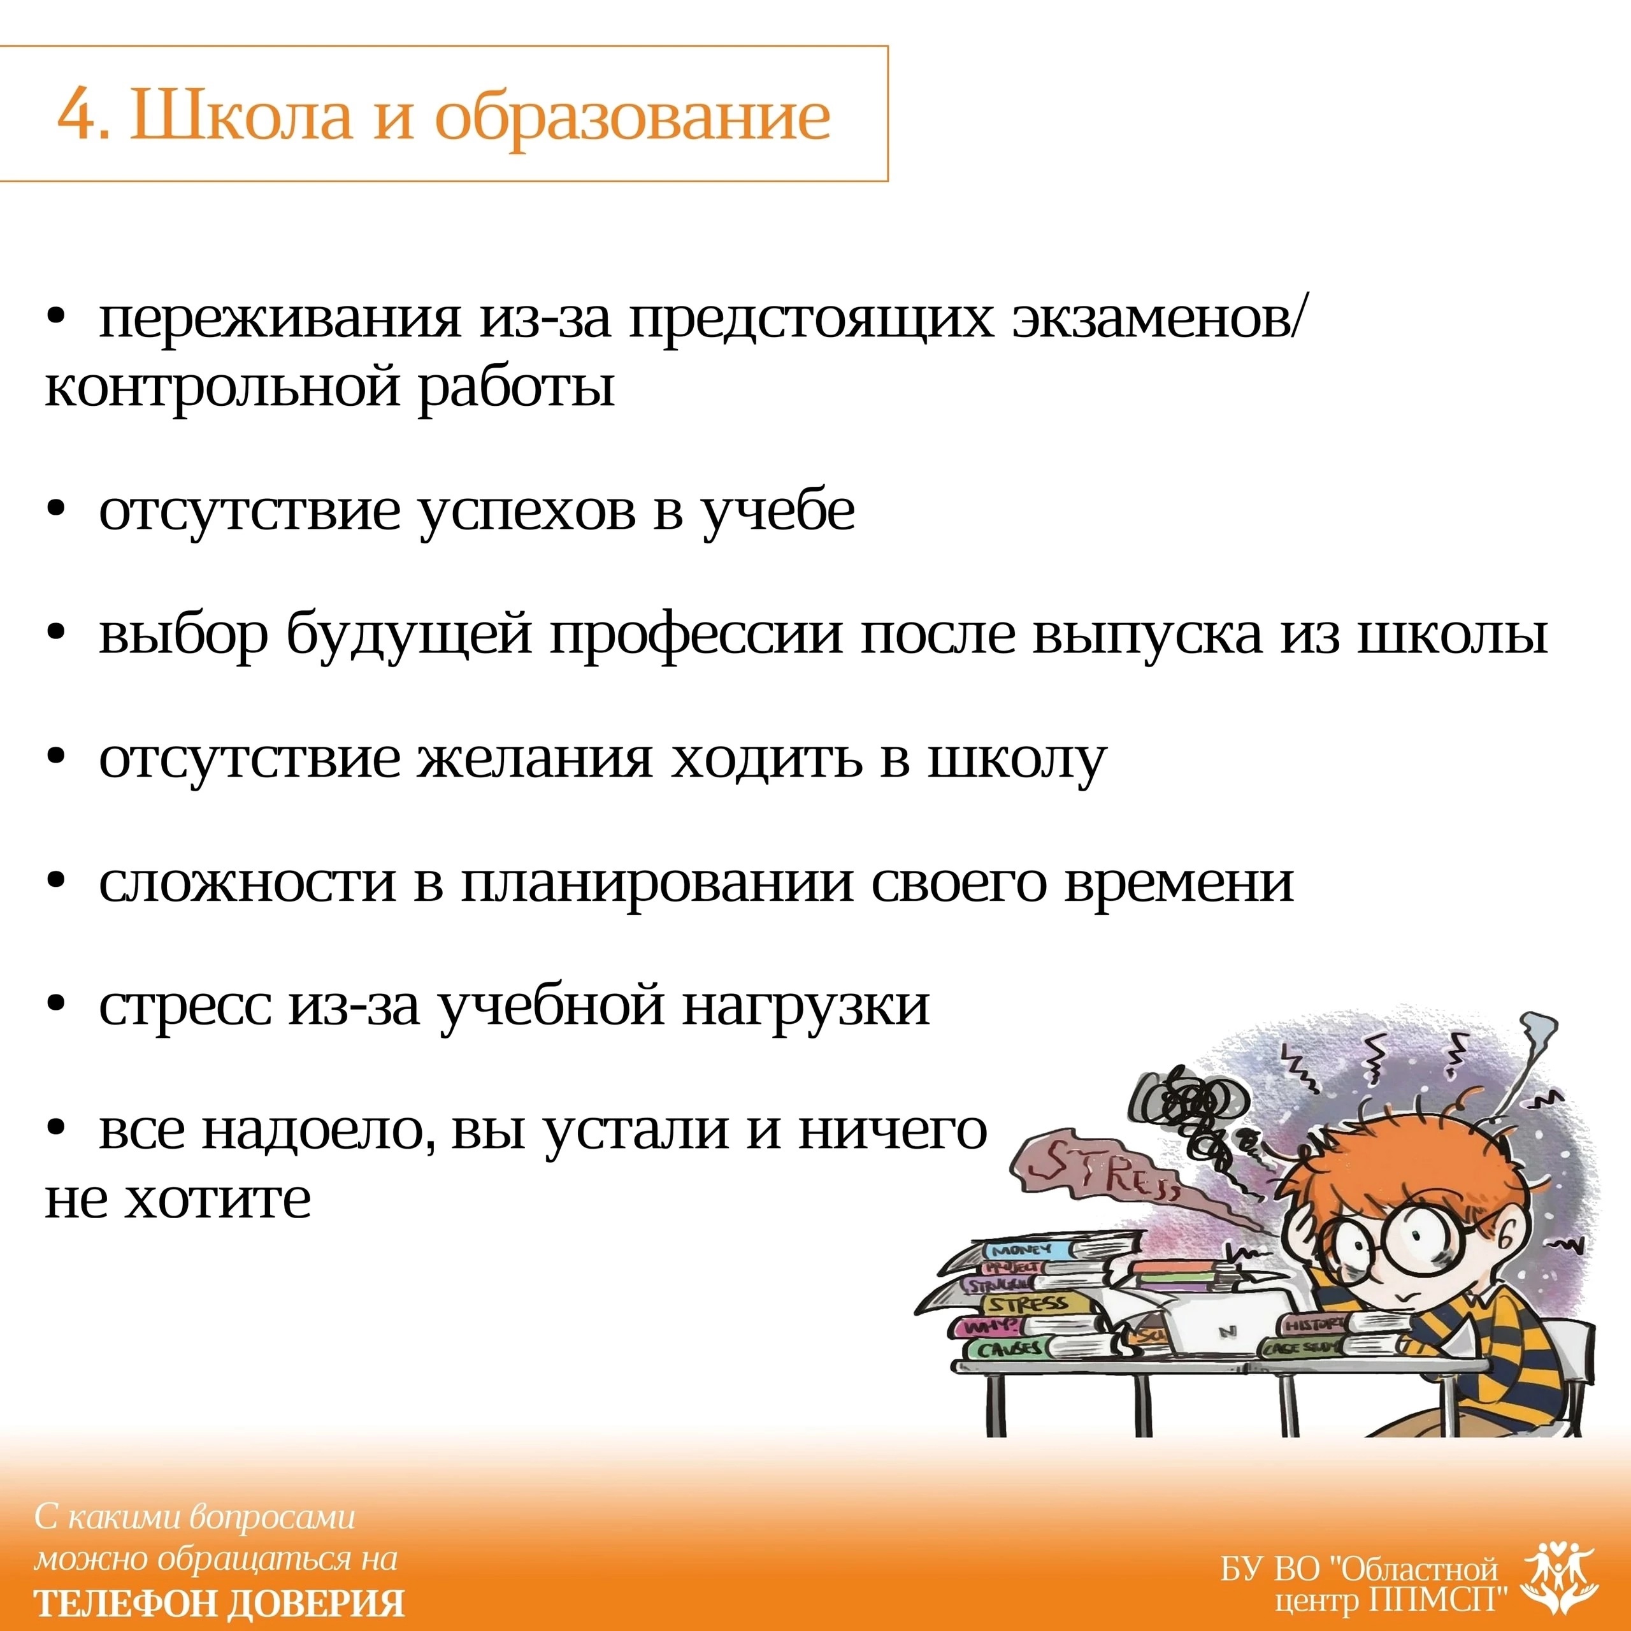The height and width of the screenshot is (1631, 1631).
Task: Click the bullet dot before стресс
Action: pos(57,1006)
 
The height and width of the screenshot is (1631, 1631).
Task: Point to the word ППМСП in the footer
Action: pos(1435,1599)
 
